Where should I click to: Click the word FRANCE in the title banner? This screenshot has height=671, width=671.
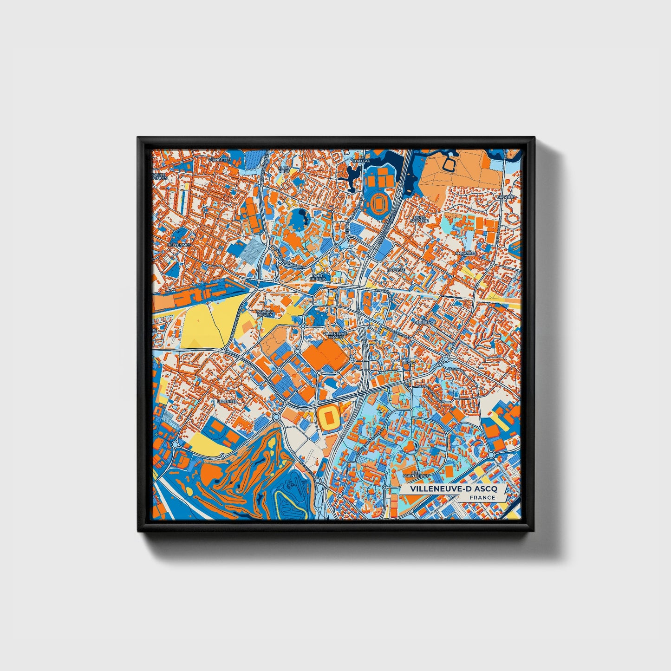click(482, 497)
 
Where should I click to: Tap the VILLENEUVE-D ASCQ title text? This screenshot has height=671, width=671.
click(453, 489)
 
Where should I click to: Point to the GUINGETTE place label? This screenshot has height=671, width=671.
click(219, 159)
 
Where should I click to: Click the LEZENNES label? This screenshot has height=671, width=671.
click(227, 401)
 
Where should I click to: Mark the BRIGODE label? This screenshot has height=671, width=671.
click(506, 197)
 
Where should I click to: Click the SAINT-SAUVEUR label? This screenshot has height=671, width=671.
click(419, 218)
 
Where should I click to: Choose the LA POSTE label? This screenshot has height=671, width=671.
click(396, 269)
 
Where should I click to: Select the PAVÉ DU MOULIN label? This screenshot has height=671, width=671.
click(265, 313)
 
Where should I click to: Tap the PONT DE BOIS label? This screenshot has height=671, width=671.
click(319, 277)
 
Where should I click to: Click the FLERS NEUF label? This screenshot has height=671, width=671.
click(284, 169)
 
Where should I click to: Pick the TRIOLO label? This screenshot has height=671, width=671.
click(408, 361)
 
